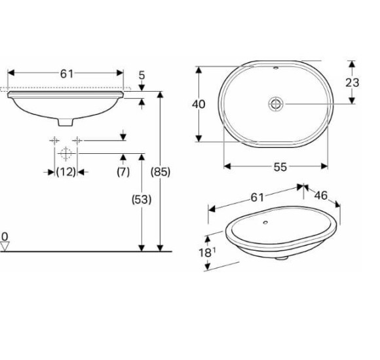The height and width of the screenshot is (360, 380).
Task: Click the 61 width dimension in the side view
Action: pos(67,74)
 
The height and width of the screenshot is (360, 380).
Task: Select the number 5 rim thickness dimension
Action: pos(142,76)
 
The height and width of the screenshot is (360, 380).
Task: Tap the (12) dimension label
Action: pos(66,172)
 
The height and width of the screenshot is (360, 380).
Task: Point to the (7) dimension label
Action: pos(123,172)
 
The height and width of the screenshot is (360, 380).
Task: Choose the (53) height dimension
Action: pos(141,200)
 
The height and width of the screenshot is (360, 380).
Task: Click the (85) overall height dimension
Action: pos(161,172)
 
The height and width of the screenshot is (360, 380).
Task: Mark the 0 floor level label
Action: pos(5,236)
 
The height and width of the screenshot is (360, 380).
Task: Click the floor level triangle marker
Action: pos(6,246)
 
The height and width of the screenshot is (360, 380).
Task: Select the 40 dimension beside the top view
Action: pos(199,104)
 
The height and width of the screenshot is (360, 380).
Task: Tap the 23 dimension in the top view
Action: pos(352,82)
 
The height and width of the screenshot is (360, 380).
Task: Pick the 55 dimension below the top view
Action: pos(280,167)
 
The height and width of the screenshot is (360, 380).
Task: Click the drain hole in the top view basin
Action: pos(275,103)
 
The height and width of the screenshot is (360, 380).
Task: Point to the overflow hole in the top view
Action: pos(275,67)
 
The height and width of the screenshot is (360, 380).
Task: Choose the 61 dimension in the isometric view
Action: pos(257,197)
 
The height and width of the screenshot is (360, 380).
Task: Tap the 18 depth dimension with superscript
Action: pos(206,253)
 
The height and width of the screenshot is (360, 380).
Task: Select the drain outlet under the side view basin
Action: pos(66,121)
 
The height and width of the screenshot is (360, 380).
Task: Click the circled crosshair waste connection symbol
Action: pos(66,154)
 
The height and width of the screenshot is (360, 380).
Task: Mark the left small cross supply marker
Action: pos(54,140)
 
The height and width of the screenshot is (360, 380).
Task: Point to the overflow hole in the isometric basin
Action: pos(265,222)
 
